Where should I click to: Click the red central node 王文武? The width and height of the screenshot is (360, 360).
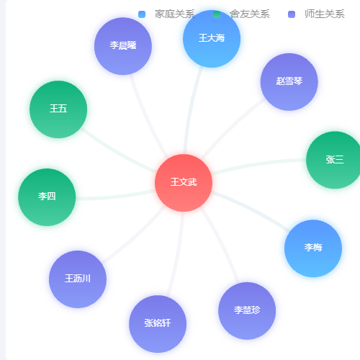pos(184,183)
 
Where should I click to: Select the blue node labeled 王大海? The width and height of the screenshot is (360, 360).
pos(212,39)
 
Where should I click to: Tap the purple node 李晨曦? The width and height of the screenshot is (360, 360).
pos(123,46)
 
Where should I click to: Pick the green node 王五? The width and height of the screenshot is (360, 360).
pos(58,109)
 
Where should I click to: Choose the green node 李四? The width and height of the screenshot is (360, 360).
pos(47,197)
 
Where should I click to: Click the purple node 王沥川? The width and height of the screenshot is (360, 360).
pos(78,279)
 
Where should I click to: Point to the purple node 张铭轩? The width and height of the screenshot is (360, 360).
pos(158,324)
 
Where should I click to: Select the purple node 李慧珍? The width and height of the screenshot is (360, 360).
pos(247,311)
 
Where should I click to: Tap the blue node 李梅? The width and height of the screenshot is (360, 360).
pos(313,248)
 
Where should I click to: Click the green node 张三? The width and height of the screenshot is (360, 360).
pos(335,160)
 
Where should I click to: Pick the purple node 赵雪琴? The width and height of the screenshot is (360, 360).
pos(289,82)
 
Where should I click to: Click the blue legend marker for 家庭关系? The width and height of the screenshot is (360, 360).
pos(142,14)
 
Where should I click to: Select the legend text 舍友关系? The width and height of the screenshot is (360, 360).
pos(250,14)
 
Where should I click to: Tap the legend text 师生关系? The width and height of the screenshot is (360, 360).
pos(325,14)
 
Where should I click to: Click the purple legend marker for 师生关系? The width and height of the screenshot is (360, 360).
pos(292,14)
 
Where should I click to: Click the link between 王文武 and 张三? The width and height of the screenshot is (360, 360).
pos(258,163)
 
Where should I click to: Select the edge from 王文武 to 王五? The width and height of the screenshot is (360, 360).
pos(117,153)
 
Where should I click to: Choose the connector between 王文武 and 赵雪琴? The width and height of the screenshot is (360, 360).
pos(232,127)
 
